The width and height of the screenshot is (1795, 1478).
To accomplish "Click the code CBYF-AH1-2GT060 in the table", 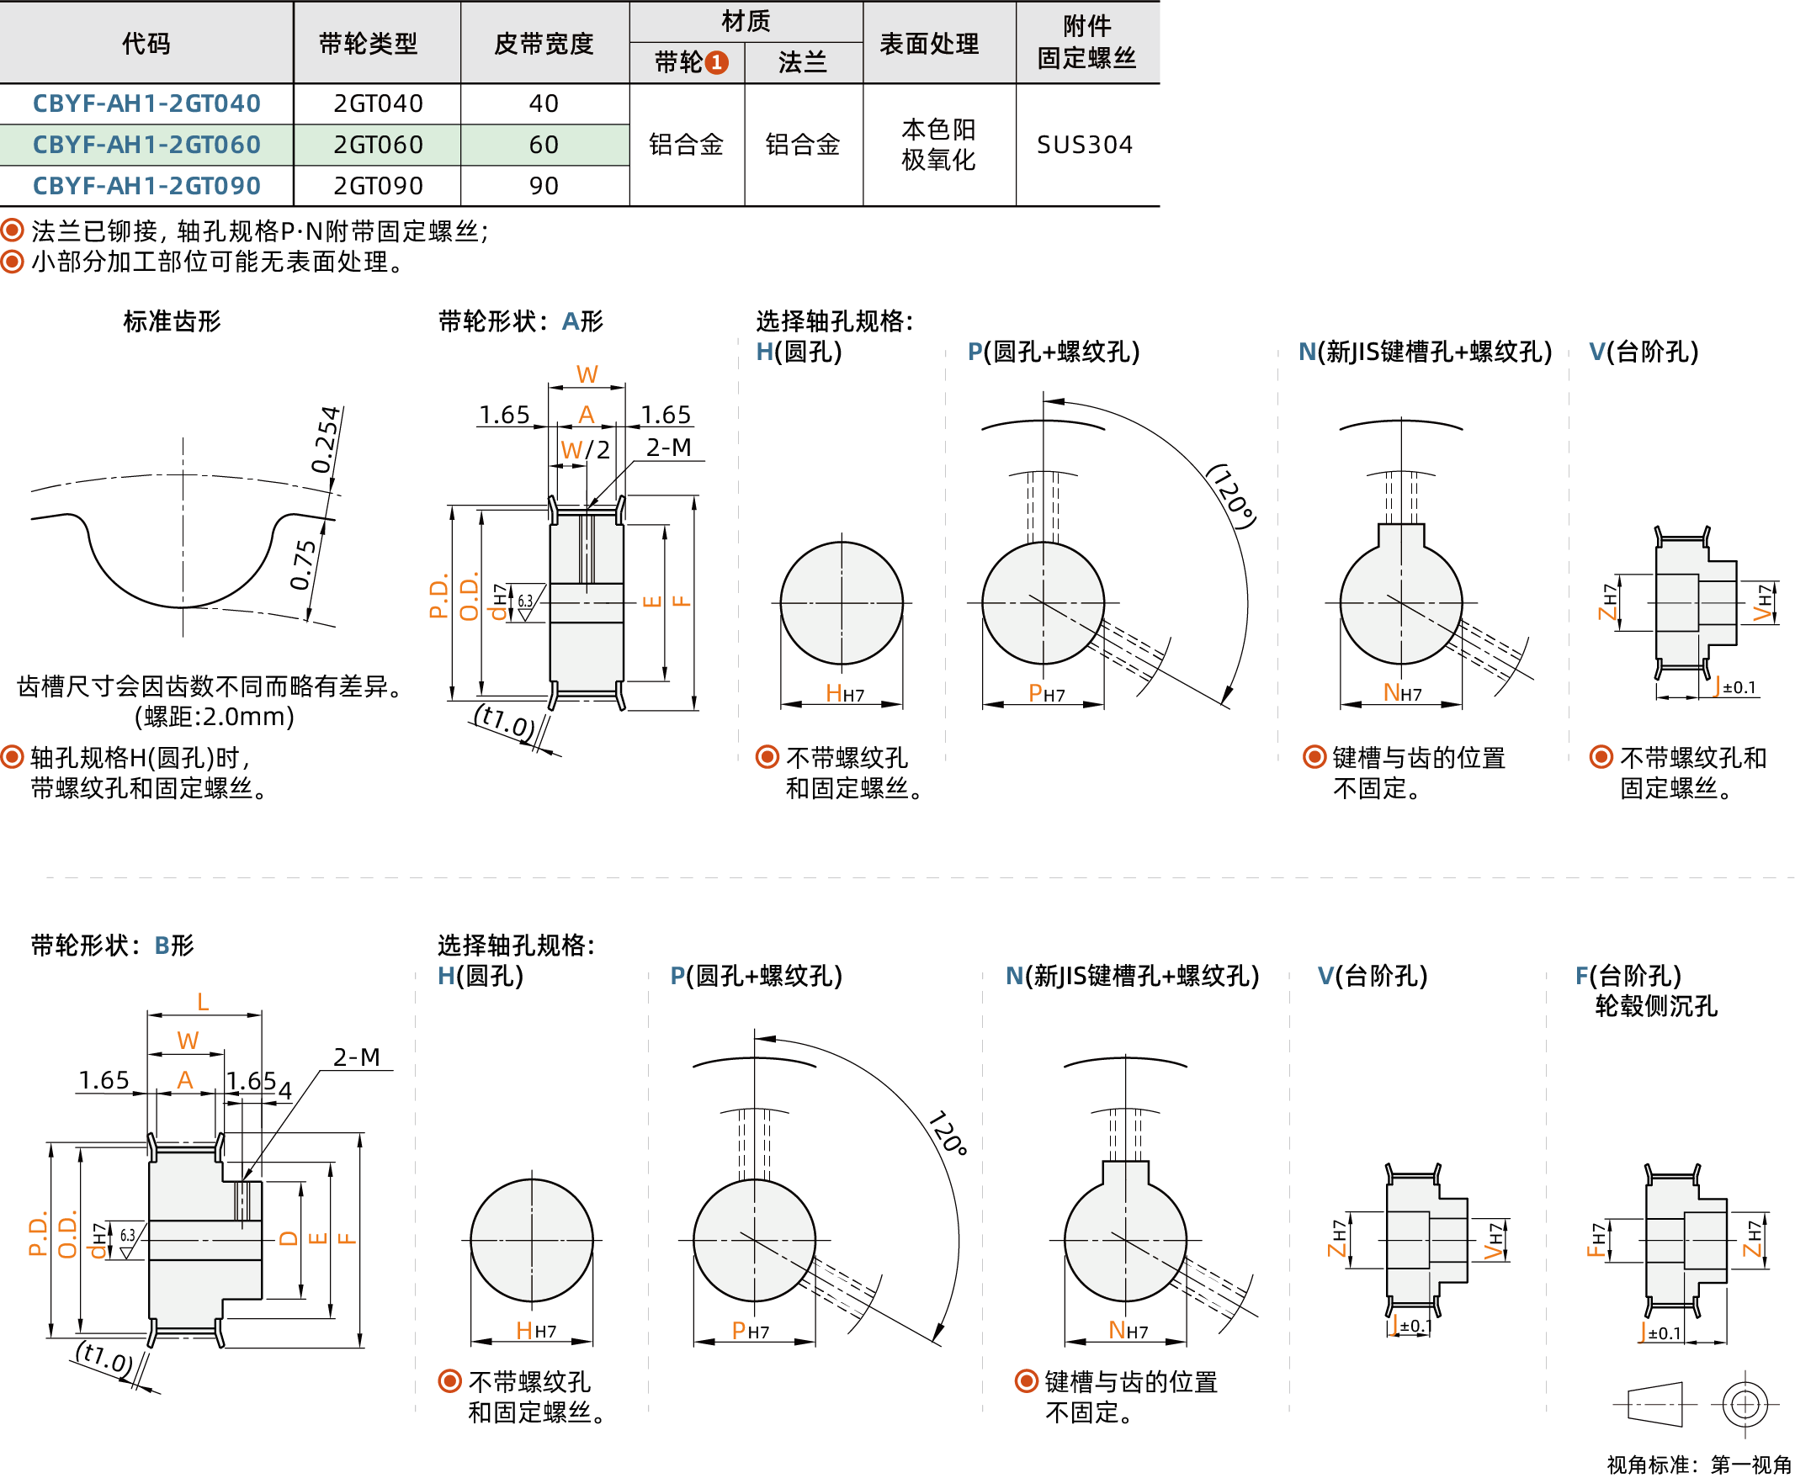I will [x=146, y=145].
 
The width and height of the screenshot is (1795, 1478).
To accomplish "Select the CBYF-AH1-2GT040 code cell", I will [x=146, y=103].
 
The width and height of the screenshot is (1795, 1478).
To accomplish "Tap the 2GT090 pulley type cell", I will [x=377, y=186].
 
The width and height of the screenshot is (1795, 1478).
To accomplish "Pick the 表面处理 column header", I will [x=928, y=44].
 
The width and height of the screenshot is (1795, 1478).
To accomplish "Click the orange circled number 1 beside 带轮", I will [x=717, y=62].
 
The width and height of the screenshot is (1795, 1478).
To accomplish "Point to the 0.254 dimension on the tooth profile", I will [x=326, y=439].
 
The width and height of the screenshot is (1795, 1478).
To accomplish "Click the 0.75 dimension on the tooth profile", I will [x=303, y=564].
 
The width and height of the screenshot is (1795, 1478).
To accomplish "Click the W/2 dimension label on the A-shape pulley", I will [x=585, y=449].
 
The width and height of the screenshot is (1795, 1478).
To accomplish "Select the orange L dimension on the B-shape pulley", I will [x=203, y=1002].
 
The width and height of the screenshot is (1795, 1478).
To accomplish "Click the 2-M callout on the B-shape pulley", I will [x=356, y=1057].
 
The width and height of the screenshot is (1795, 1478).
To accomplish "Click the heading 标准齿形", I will [x=172, y=321].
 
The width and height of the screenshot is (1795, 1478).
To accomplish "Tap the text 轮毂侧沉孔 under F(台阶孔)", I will [x=1655, y=1006].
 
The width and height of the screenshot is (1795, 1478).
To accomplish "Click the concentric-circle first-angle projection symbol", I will [x=1744, y=1404].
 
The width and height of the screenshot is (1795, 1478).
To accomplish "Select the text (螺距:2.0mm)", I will [x=214, y=717].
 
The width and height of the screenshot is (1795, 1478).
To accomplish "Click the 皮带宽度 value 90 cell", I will [x=544, y=186].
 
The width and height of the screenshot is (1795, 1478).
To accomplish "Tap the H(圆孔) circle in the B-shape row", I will [x=531, y=1240].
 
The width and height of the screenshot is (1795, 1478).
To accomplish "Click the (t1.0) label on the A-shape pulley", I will [x=505, y=721].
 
